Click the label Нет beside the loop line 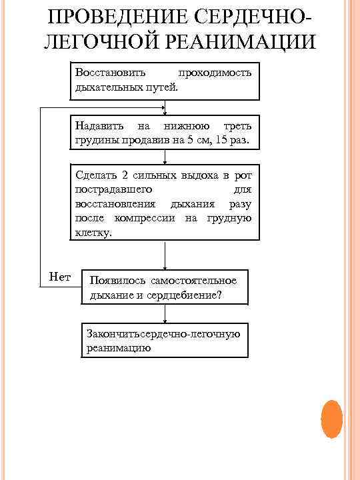click(60, 276)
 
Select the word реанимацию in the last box click(119, 348)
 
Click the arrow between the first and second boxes click(165, 108)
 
